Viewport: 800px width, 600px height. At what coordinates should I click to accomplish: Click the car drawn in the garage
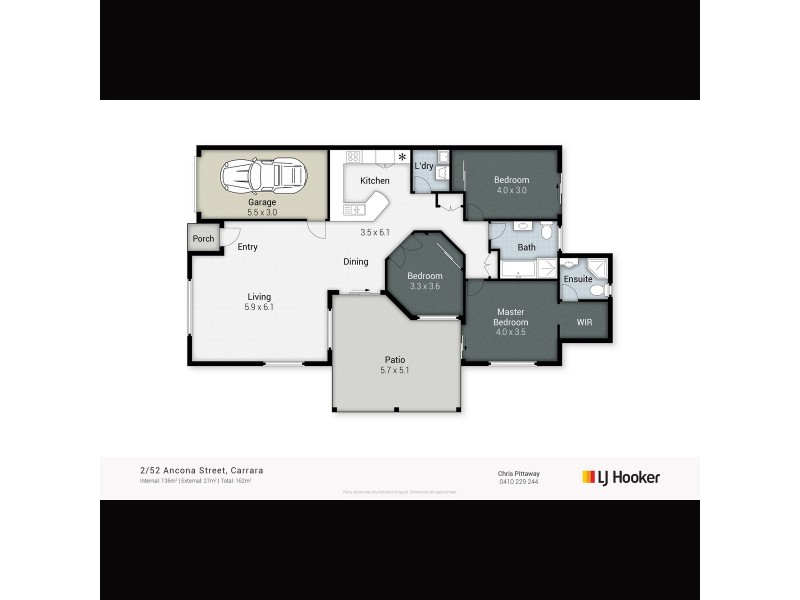point(262,177)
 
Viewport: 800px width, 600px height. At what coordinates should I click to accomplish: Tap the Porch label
point(203,239)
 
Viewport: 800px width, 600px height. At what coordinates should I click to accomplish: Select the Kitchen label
point(375,181)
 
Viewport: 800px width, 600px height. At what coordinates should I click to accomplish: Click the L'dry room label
point(423,166)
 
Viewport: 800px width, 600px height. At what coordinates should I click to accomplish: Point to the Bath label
point(526,247)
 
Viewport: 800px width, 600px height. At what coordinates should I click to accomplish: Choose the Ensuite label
point(578,278)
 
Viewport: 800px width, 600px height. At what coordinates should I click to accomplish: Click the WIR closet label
point(585,322)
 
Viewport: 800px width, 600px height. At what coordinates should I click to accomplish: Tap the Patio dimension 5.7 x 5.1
point(394,371)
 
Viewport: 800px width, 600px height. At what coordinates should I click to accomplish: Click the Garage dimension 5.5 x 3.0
point(263,212)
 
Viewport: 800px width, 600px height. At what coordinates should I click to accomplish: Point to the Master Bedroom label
point(511,318)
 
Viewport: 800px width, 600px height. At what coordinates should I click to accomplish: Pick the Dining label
point(356,262)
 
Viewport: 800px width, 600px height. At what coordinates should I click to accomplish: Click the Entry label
point(247,246)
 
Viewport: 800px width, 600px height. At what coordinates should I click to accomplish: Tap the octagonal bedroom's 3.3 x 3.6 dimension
point(425,287)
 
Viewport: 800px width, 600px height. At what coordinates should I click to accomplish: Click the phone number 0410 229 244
point(517,481)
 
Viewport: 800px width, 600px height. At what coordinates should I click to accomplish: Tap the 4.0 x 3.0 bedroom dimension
point(511,191)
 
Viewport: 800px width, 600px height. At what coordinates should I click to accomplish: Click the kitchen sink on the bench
point(354,210)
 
